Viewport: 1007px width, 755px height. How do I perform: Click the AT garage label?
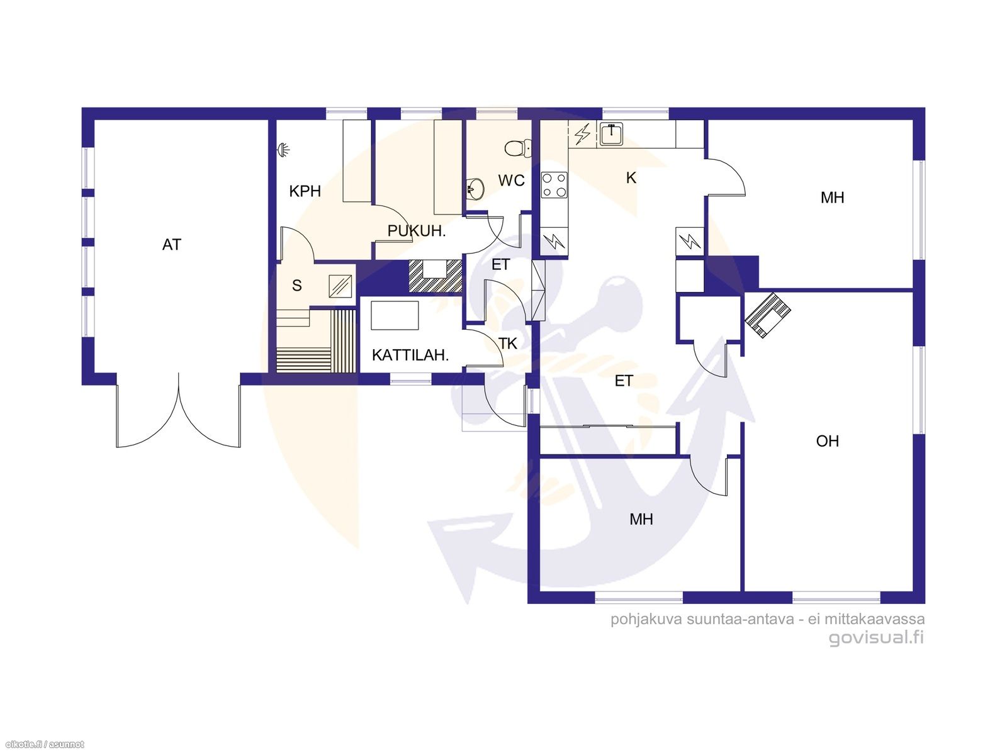(171, 245)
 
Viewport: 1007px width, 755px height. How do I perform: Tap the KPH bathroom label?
(305, 191)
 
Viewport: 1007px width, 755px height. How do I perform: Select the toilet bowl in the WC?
(517, 148)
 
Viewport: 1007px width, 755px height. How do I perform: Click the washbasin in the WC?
(475, 187)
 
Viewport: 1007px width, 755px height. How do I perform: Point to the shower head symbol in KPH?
(284, 150)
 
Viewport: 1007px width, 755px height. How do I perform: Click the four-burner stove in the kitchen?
(554, 185)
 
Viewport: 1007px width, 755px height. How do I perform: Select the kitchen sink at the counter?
(610, 134)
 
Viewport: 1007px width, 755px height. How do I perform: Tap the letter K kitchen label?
(631, 178)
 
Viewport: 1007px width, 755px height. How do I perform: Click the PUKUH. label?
(416, 231)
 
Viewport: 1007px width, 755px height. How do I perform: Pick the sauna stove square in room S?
(342, 286)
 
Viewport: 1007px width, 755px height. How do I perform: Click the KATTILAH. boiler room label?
(410, 355)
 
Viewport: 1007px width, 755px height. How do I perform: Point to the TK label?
(507, 344)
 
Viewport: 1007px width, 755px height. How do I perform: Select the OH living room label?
(827, 441)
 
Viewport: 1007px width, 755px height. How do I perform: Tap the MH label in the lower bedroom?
(641, 519)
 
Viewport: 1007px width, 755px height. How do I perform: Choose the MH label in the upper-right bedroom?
(832, 198)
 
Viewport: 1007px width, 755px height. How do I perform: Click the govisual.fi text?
(876, 637)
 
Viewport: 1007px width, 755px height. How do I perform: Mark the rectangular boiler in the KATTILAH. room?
(395, 315)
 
